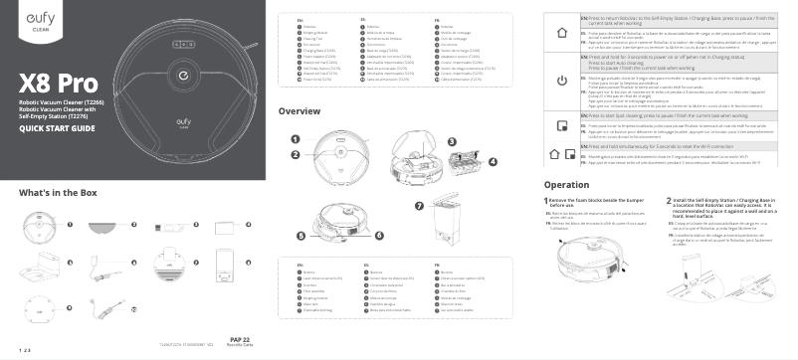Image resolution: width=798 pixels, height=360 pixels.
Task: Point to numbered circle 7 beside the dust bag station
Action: (x=419, y=205)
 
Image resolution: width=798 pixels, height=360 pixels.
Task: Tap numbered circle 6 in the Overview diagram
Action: (x=299, y=237)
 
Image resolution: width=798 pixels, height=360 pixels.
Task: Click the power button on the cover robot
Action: (x=185, y=74)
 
